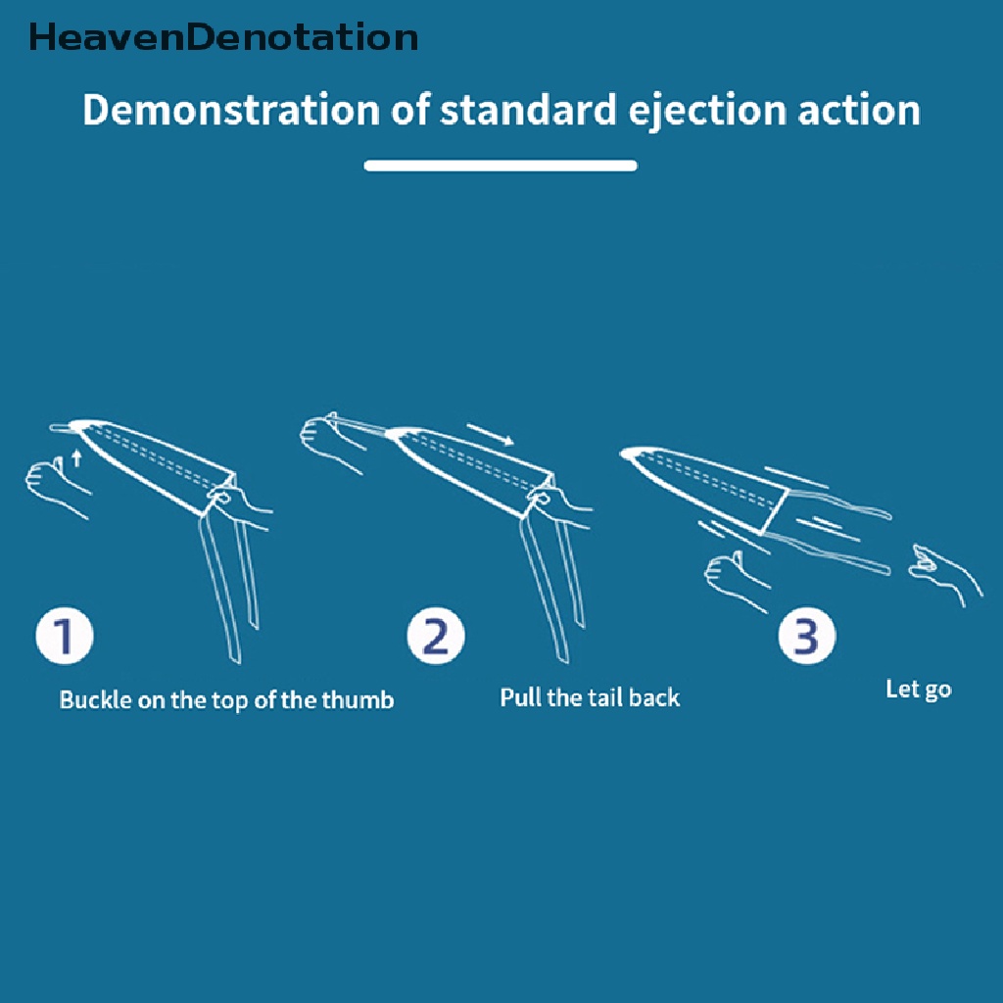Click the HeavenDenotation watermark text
[x=223, y=37]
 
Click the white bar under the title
[x=501, y=166]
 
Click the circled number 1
[x=65, y=638]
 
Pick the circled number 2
[x=436, y=638]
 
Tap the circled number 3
[x=806, y=638]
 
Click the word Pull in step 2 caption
[x=519, y=697]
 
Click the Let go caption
[x=918, y=689]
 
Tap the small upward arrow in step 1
[x=77, y=456]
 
